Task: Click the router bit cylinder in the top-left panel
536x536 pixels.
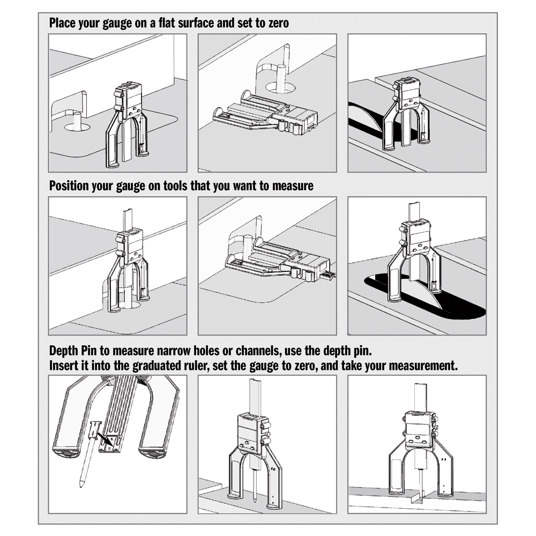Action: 77,120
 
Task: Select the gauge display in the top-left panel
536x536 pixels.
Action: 133,98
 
